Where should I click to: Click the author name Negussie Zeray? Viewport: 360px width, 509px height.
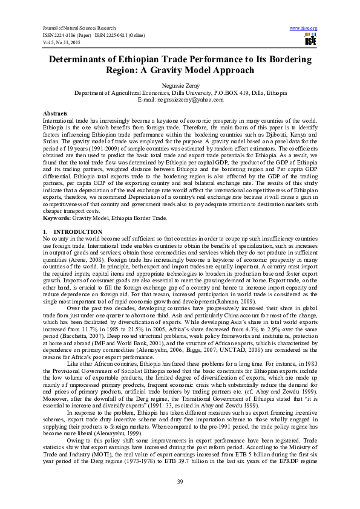[180, 86]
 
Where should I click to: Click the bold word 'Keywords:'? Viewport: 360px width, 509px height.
[56, 216]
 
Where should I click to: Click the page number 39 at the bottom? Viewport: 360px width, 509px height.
[180, 481]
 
